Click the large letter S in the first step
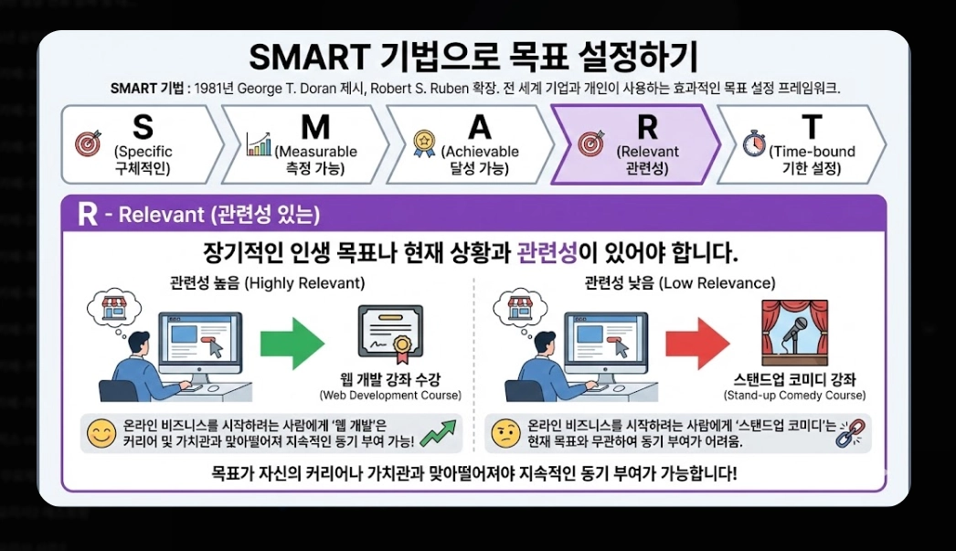click(143, 126)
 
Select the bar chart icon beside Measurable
click(259, 143)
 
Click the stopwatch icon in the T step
click(752, 143)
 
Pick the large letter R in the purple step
click(646, 126)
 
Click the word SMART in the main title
click(305, 58)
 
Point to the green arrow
click(292, 343)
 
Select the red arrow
click(696, 343)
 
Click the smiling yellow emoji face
click(99, 433)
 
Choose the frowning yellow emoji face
click(504, 433)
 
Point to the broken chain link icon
click(850, 433)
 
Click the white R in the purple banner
click(87, 215)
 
